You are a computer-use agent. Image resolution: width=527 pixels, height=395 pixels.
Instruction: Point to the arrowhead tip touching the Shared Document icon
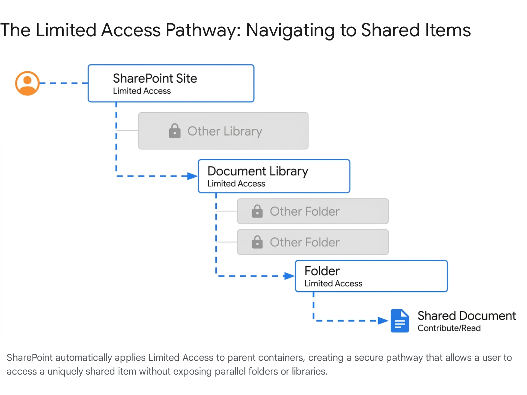389,321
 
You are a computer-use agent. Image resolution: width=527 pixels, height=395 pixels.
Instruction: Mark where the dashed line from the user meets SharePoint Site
88,83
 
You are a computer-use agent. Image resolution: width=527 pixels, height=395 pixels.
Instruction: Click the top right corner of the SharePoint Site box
254,65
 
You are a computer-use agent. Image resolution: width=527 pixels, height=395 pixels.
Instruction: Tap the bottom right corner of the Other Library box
308,149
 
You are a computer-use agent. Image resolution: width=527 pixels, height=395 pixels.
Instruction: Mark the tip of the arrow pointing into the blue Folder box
295,276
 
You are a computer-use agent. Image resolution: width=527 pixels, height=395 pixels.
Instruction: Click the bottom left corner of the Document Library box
198,193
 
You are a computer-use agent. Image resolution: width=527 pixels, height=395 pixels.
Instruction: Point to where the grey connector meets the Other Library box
138,130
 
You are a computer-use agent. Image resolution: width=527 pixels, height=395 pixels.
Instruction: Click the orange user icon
27,83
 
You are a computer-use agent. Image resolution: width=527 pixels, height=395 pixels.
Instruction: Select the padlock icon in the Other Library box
175,131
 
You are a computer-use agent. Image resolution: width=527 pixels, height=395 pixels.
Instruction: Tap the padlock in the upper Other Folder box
257,211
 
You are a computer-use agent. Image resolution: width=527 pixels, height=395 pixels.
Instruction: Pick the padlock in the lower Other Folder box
257,242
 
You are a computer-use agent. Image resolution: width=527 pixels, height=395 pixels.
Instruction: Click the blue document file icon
400,321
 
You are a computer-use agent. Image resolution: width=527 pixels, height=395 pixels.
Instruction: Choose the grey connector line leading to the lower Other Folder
227,242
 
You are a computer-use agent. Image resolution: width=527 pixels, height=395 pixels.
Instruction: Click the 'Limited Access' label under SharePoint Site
142,91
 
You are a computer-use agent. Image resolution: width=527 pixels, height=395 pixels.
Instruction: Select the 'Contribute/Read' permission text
449,328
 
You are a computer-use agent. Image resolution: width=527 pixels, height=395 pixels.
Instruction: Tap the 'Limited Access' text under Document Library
236,184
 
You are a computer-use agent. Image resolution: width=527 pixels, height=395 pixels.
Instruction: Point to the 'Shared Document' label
467,316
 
